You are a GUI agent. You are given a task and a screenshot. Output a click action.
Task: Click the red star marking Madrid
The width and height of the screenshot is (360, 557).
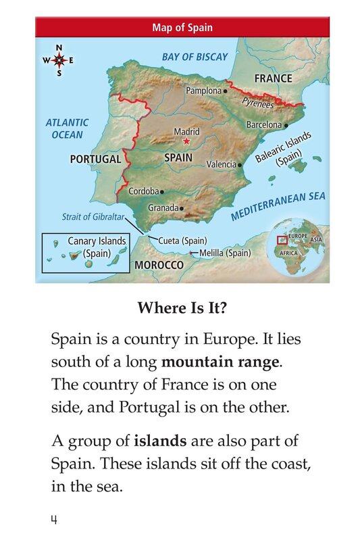point(186,141)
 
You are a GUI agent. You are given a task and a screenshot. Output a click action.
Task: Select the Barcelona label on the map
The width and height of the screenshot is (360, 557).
point(263,125)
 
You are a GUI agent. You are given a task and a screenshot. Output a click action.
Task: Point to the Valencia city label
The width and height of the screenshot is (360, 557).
point(221,164)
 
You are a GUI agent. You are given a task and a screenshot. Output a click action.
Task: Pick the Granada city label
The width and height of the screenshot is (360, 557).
point(163,208)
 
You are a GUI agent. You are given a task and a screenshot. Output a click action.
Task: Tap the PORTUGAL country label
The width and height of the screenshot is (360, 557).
point(95,160)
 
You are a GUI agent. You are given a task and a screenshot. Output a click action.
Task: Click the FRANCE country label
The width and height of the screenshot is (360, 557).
point(273,78)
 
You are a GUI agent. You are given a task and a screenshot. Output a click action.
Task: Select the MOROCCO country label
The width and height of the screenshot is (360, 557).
point(159,265)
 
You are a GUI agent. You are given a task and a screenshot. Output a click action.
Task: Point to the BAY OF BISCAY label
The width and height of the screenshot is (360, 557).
point(195,57)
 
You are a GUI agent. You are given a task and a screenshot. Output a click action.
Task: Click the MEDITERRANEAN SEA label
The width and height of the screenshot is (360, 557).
point(278,206)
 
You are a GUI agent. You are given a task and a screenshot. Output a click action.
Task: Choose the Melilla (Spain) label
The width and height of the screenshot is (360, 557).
point(225,253)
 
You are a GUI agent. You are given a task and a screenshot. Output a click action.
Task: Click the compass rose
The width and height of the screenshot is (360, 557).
point(59,61)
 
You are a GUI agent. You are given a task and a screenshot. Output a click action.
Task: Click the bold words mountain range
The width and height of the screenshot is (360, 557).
point(220,362)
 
